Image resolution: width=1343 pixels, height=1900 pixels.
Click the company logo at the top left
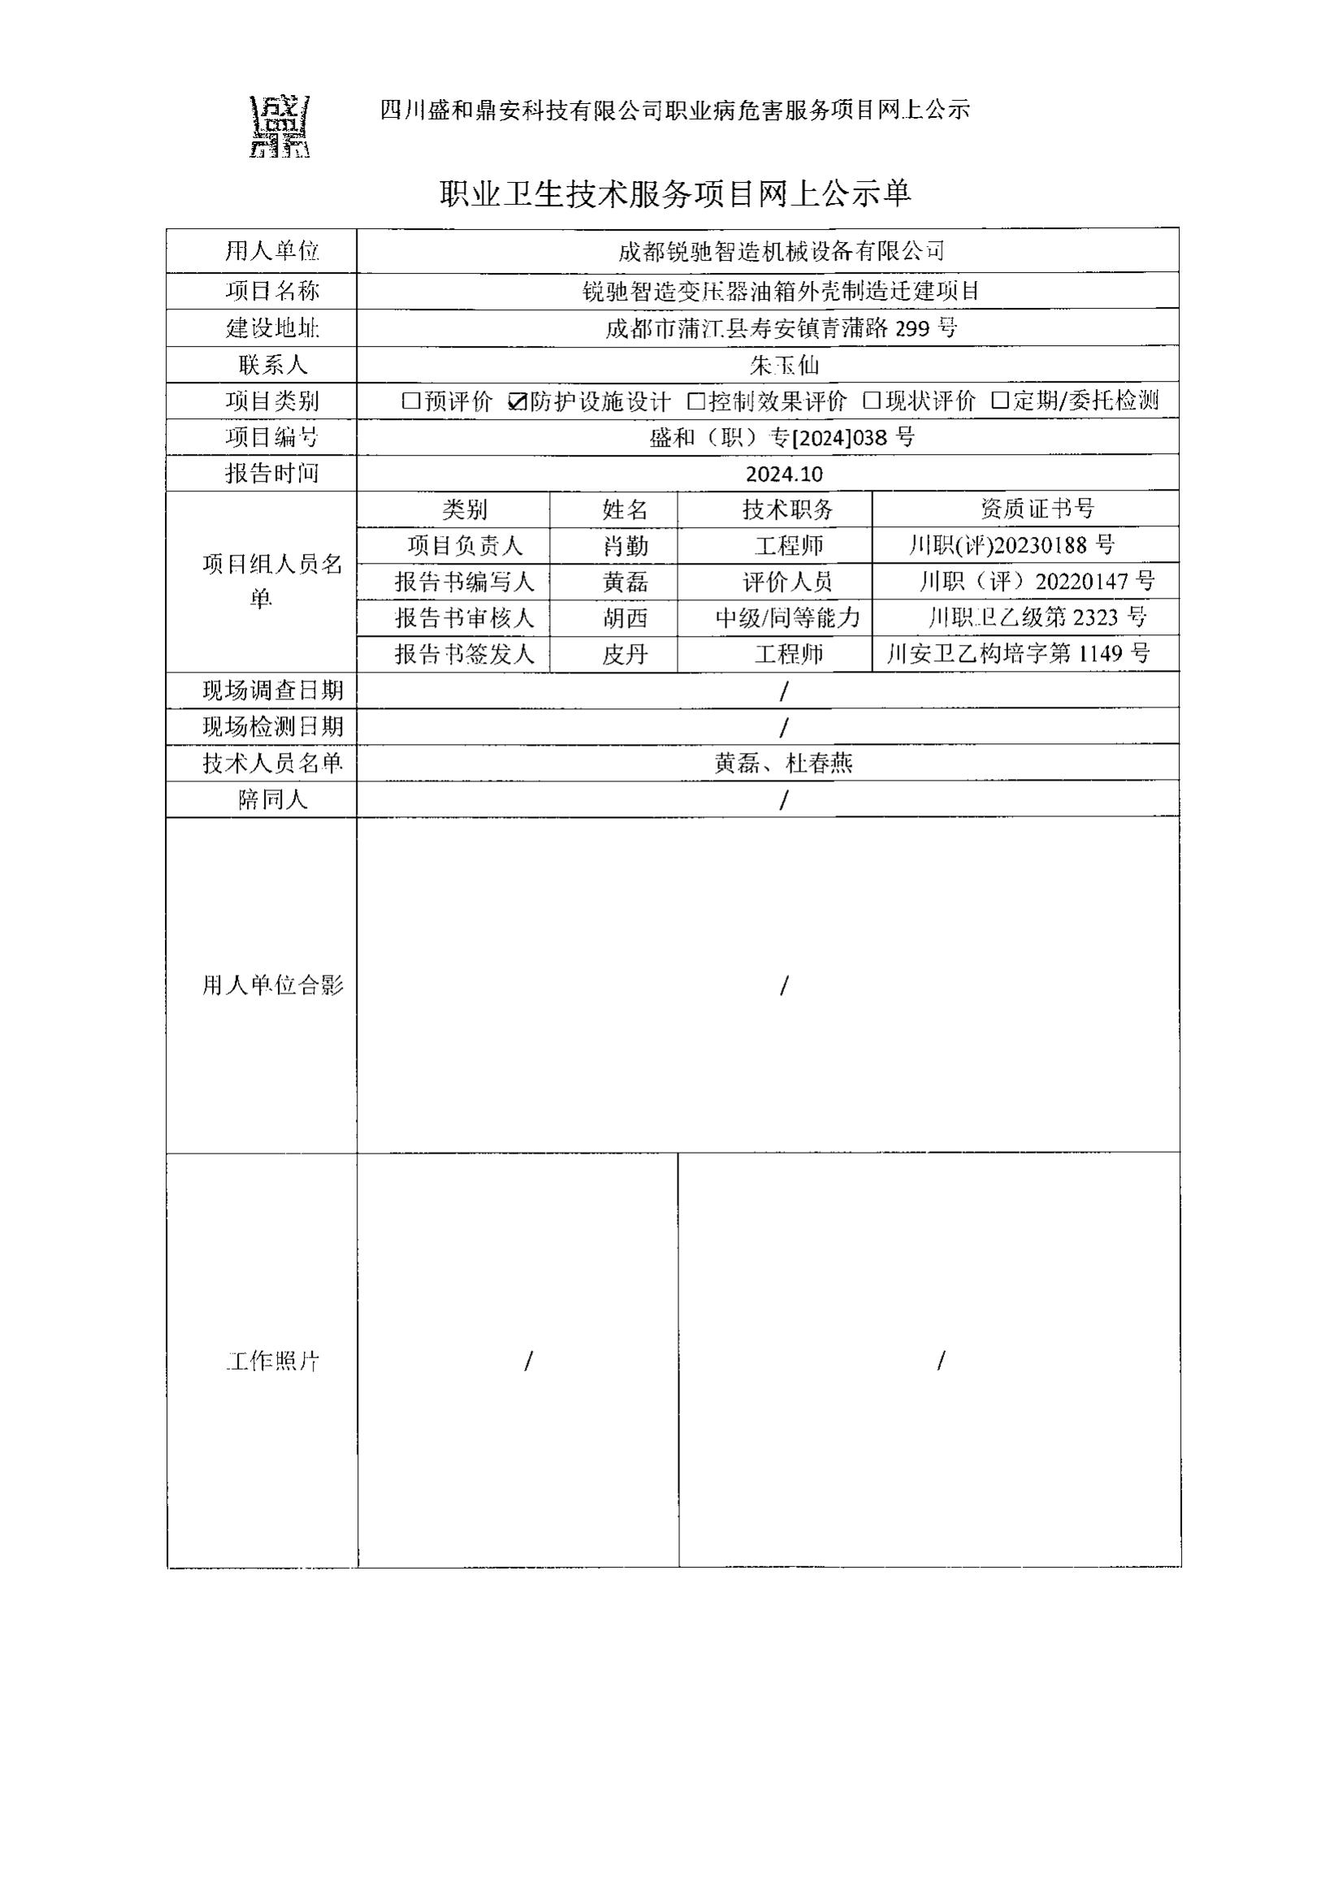(x=279, y=127)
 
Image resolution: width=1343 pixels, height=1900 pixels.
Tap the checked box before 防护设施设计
(x=518, y=401)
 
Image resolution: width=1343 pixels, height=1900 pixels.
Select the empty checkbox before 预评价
(x=411, y=401)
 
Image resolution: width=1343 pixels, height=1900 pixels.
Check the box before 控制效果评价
(x=697, y=401)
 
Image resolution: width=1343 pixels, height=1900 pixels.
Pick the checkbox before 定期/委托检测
(x=1000, y=401)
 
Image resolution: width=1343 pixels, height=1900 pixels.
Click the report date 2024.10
(x=784, y=474)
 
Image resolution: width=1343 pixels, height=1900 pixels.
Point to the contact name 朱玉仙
(x=784, y=365)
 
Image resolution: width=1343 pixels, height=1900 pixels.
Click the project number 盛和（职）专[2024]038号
(x=782, y=438)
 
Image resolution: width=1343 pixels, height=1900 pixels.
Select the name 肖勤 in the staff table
(x=625, y=546)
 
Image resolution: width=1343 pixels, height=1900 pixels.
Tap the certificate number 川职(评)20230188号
(x=1012, y=545)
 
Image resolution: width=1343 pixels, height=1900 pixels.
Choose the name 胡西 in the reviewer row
(x=625, y=618)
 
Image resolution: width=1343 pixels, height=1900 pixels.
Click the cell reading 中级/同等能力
(x=788, y=618)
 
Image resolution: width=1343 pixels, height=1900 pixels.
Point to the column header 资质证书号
(x=1037, y=509)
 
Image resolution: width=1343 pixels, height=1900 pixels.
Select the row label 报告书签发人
(x=464, y=655)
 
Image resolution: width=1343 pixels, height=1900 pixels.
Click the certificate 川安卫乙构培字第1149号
(x=1019, y=654)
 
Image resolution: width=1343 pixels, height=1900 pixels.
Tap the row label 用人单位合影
(x=272, y=985)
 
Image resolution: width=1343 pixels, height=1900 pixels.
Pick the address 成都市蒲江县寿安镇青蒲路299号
(x=781, y=328)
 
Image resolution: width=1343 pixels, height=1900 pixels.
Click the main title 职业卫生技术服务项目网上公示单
(x=674, y=193)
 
